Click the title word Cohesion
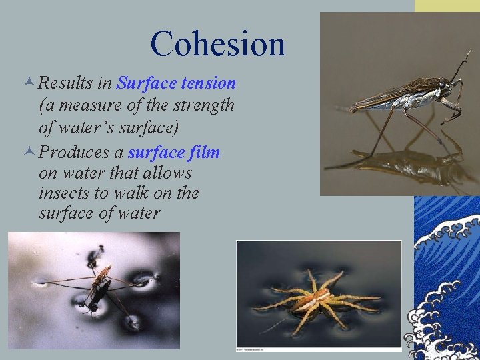[x=218, y=44]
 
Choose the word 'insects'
[x=65, y=193]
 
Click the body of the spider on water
[x=314, y=298]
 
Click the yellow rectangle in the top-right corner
[x=447, y=6]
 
